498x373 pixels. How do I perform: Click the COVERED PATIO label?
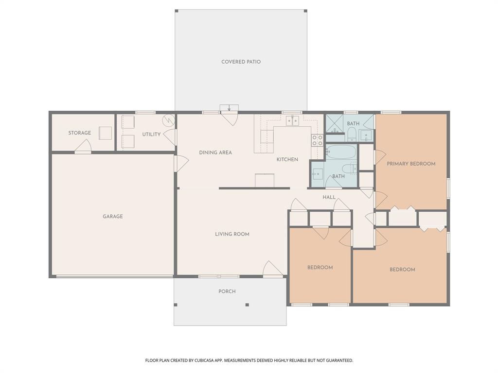click(241, 62)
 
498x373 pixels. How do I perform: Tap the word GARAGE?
click(112, 217)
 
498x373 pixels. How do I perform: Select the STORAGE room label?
click(79, 133)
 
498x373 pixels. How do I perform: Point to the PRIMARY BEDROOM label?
click(411, 164)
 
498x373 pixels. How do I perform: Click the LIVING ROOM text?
click(232, 234)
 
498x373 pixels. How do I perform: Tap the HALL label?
click(329, 197)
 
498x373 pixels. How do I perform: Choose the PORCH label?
click(227, 291)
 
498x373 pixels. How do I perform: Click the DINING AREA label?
click(215, 153)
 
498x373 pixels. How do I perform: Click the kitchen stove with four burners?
click(317, 140)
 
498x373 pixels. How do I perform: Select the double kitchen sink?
click(292, 120)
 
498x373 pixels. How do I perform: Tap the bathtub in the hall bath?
click(341, 152)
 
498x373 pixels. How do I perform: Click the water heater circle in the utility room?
click(168, 119)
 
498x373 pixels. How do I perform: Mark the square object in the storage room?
click(105, 133)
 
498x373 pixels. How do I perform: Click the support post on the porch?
click(247, 305)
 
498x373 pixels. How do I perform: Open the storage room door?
click(83, 146)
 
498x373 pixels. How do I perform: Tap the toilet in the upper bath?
click(352, 133)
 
